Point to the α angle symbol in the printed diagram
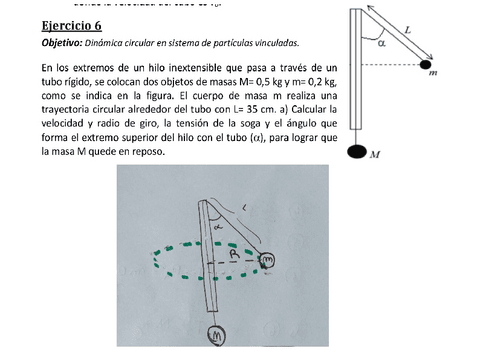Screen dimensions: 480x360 381,43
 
